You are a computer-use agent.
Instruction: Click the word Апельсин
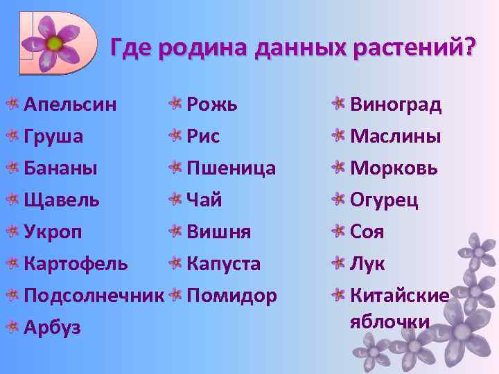[70, 105]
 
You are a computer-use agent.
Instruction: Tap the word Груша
[54, 136]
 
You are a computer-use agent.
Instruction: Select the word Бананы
[60, 168]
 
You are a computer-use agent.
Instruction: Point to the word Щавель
[62, 200]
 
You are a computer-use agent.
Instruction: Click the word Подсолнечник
[94, 296]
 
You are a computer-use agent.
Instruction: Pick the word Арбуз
[53, 328]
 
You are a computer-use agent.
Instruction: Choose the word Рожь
[212, 105]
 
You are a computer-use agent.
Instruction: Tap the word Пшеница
[231, 168]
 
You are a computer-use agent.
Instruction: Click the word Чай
[204, 200]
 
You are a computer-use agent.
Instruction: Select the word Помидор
[232, 296]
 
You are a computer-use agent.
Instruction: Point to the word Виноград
[396, 105]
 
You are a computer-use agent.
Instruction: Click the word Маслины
[396, 136]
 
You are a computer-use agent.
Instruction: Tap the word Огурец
[385, 200]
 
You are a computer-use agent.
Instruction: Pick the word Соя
[367, 232]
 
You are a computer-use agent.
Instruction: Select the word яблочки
[390, 322]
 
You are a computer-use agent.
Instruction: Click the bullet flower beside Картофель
[12, 264]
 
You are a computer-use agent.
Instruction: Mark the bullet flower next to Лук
[338, 263]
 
